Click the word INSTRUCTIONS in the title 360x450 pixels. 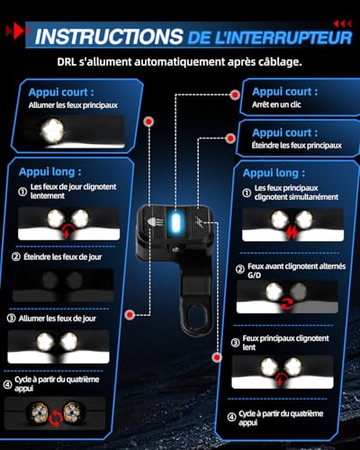point(109,37)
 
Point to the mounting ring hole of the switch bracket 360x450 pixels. point(196,317)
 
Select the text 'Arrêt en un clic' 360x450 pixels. point(276,104)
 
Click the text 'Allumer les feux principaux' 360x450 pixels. point(73,105)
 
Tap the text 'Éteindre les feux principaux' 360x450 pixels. point(296,146)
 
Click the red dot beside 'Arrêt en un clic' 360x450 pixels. point(235,94)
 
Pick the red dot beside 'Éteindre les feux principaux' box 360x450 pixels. point(230,139)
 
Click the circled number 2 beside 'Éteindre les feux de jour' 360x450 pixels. point(16,256)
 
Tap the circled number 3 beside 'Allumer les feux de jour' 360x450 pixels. point(11,318)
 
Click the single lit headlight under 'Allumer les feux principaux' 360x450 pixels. point(52,130)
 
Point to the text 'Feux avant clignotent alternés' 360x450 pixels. point(296,266)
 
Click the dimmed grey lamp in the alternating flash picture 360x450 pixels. point(298,291)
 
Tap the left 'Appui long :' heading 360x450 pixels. point(50,172)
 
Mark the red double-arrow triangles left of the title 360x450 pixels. point(17,31)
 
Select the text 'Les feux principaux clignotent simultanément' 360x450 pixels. point(296,193)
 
